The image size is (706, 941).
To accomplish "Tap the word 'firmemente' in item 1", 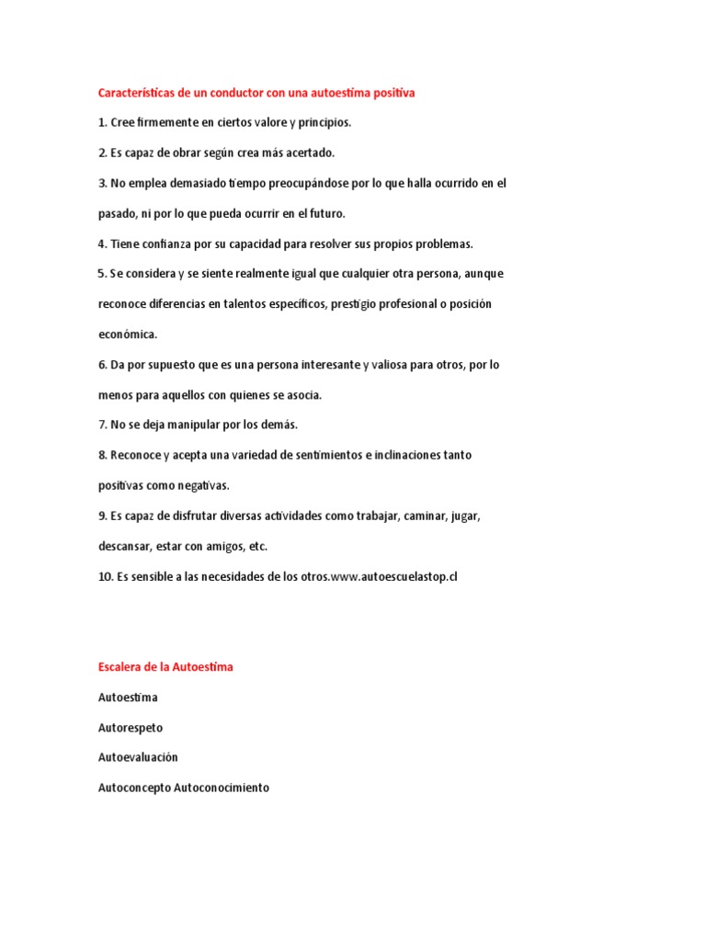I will tap(167, 122).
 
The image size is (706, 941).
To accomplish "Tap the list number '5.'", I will tap(102, 274).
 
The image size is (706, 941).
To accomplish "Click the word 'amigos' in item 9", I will tap(245, 546).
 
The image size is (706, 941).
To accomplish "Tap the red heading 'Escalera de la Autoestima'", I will tap(165, 667).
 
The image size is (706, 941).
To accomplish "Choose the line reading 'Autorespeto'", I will tap(131, 728).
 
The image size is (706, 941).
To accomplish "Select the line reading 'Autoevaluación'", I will tap(138, 757).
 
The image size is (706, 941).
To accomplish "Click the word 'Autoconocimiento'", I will tap(222, 788).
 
